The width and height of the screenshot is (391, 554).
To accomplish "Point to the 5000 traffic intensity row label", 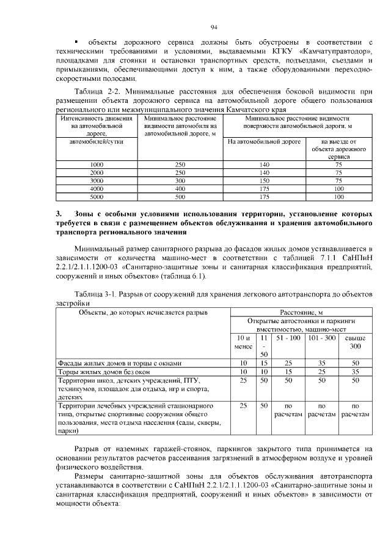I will pos(97,197).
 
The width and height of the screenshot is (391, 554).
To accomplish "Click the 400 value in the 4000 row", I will pos(180,189).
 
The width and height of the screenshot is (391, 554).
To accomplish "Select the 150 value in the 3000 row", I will pos(264,181).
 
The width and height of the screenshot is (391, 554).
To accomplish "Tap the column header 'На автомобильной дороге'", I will pos(264,141).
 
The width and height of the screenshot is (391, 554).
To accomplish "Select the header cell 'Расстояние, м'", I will pos(301,312).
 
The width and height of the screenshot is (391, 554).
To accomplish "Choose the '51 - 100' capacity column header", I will pos(288,338).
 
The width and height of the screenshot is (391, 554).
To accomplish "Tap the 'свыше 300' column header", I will pos(356,342).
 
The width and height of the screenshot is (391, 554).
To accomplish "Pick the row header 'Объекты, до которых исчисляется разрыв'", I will pos(144,312).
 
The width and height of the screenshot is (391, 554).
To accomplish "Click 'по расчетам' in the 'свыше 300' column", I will pos(356,410).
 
